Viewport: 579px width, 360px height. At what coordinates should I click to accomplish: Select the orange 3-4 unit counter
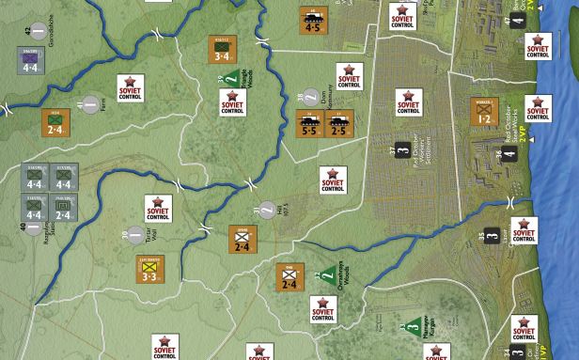[x=222, y=50]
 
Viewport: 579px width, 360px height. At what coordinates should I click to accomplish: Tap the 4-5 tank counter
[x=312, y=21]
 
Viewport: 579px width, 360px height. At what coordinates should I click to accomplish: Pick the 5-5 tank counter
[x=309, y=124]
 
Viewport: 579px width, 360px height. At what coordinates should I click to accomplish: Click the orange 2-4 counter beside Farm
[x=55, y=121]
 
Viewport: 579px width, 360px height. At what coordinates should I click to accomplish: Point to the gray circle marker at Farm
[x=90, y=103]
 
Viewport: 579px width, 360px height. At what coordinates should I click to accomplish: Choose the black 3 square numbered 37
[x=401, y=150]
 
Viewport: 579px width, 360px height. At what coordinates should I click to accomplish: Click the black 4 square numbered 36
[x=509, y=154]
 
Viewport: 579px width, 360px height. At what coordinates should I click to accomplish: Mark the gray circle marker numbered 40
[x=35, y=227]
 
